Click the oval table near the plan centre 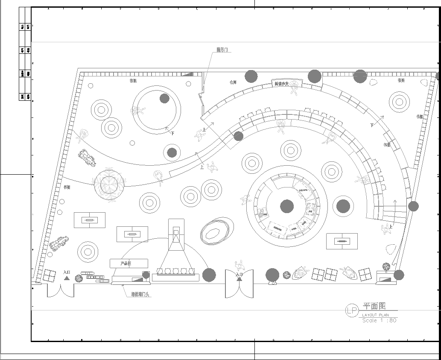click(x=215, y=232)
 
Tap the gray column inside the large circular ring click(x=287, y=207)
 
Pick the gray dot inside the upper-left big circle click(x=163, y=98)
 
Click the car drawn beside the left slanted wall click(x=87, y=157)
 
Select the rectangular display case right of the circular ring click(x=345, y=240)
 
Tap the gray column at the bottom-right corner click(x=400, y=275)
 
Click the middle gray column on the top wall click(x=315, y=76)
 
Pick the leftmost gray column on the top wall click(x=250, y=76)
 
